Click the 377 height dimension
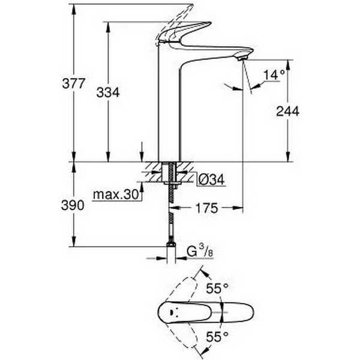click(x=74, y=83)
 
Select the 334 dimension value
click(x=108, y=93)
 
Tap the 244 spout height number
click(x=287, y=112)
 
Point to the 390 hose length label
click(x=73, y=205)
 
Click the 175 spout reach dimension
click(x=206, y=208)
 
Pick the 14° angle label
click(x=274, y=75)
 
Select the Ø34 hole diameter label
click(x=211, y=179)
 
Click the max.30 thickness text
click(x=116, y=194)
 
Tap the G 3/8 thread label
click(x=200, y=251)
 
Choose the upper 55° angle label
click(x=217, y=289)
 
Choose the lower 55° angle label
click(x=217, y=337)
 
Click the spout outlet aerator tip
click(x=242, y=58)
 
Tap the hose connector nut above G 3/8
click(x=171, y=244)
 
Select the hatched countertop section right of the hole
click(x=184, y=172)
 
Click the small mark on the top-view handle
click(x=172, y=313)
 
